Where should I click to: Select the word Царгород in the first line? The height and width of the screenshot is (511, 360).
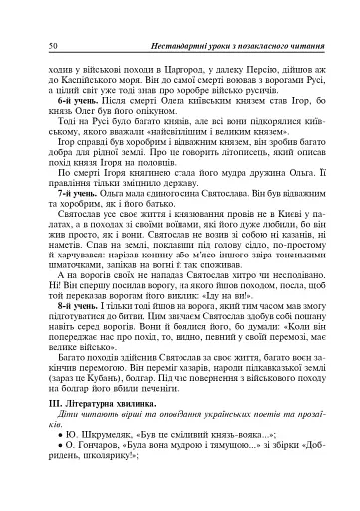pyautogui.click(x=182, y=66)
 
